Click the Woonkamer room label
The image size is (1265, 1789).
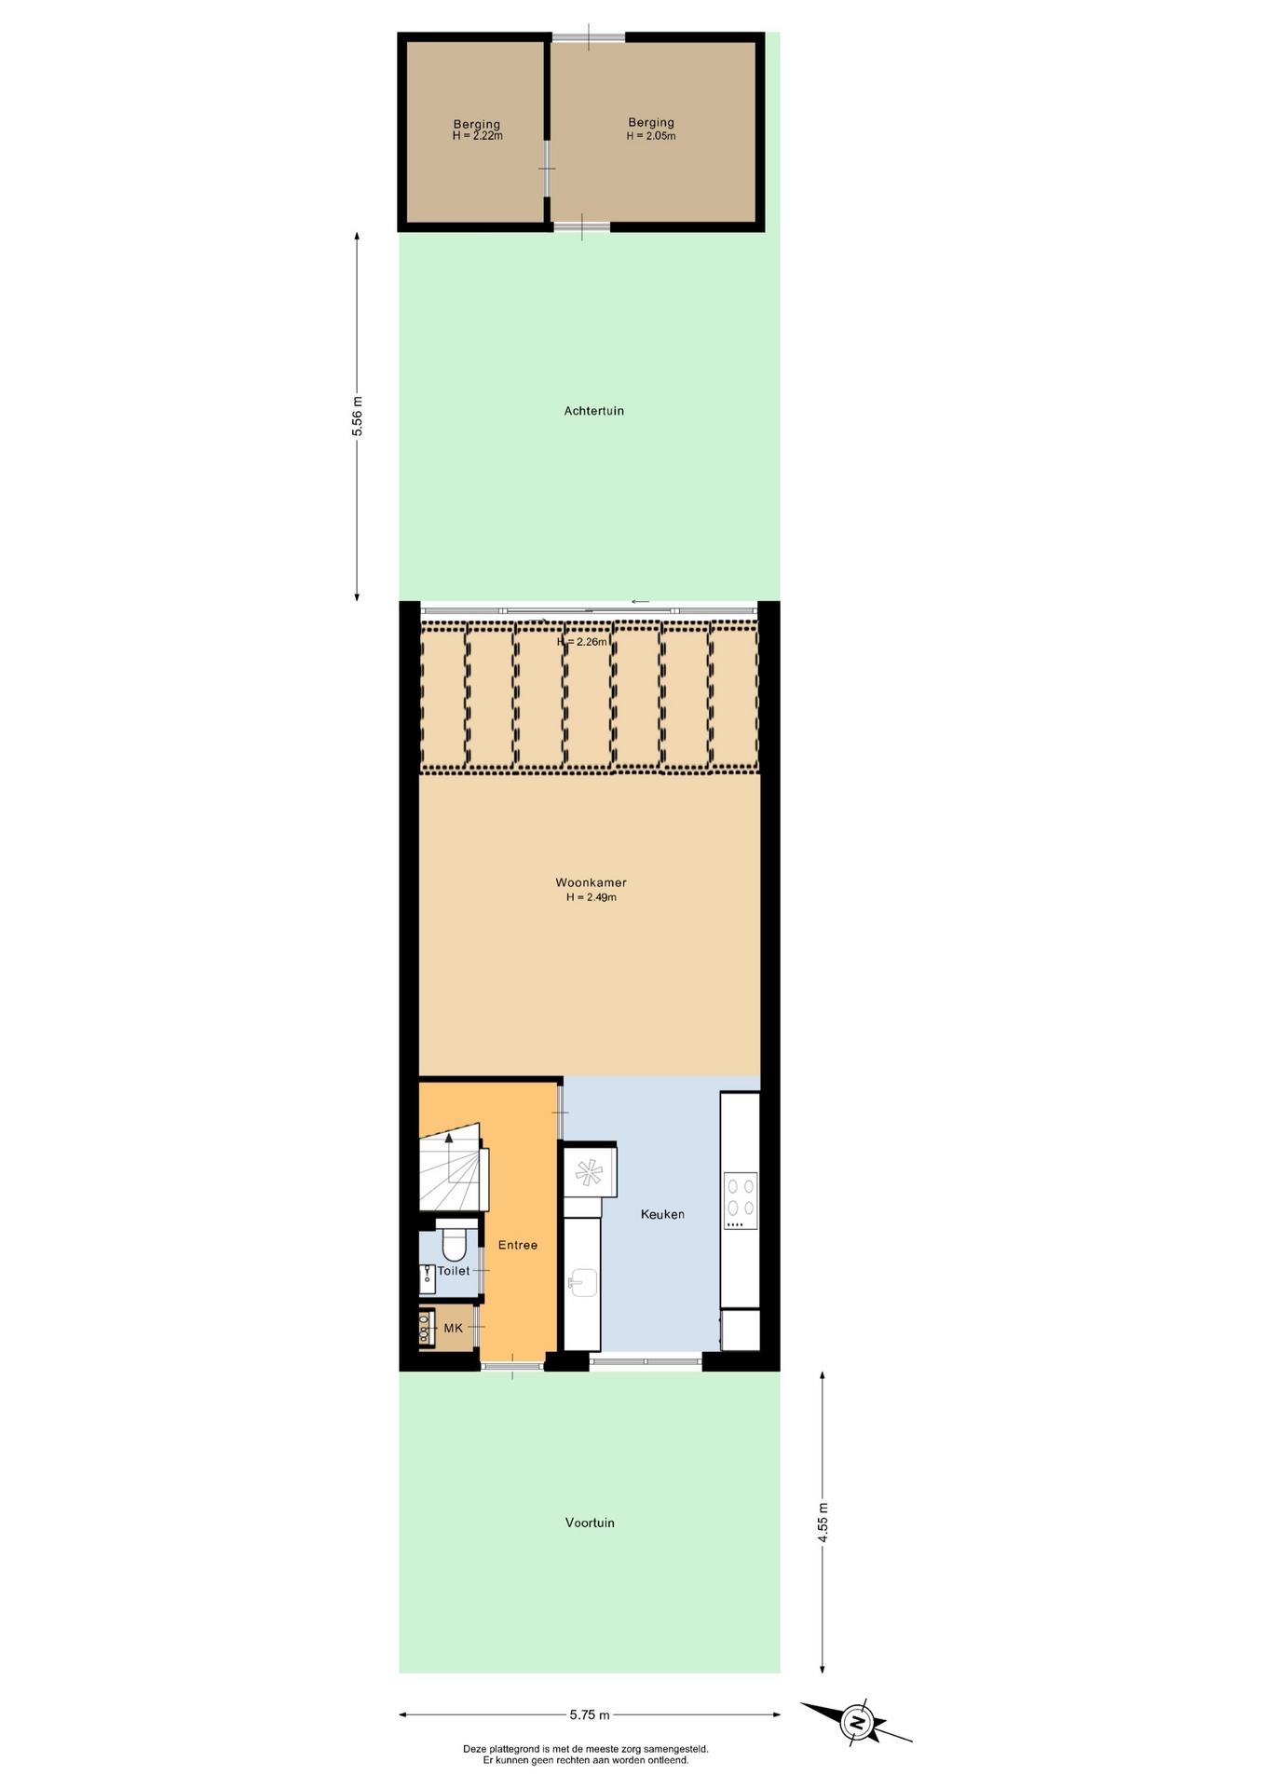click(591, 882)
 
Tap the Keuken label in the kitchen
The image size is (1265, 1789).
click(662, 1214)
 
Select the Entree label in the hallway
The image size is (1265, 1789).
click(518, 1245)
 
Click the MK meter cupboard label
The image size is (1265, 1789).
click(454, 1328)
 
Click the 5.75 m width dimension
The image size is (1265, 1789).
click(590, 1714)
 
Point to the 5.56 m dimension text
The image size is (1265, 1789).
click(357, 417)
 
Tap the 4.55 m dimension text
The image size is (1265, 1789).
click(823, 1523)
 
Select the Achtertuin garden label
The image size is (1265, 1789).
click(593, 411)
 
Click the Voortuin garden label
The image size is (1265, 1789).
click(590, 1523)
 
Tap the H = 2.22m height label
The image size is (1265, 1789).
click(477, 136)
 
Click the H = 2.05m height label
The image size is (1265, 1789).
click(651, 136)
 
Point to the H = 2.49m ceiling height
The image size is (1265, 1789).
click(592, 897)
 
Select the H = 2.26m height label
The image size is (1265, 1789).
click(582, 642)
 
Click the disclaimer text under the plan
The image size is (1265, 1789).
click(586, 1755)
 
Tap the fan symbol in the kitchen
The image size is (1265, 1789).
click(589, 1173)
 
